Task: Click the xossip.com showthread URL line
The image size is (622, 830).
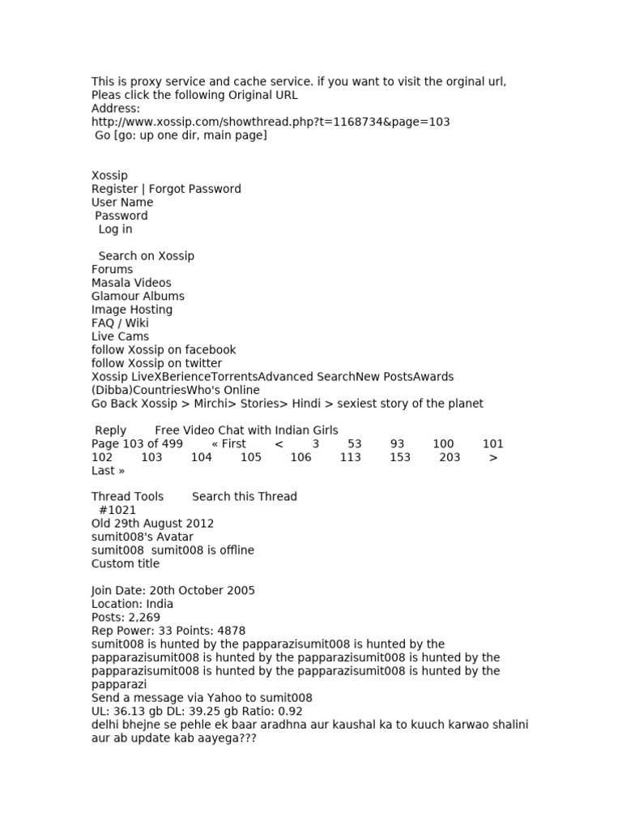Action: tap(271, 122)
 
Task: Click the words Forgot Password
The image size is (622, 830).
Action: tap(194, 189)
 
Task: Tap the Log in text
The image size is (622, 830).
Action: tap(115, 229)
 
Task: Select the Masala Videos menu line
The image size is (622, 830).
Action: tap(131, 283)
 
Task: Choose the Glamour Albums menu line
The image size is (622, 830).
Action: tap(138, 296)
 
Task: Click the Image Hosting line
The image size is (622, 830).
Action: tap(132, 310)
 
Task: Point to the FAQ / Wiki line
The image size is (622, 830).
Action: tap(120, 323)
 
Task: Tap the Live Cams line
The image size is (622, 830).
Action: tap(120, 336)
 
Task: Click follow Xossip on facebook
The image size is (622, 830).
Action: tap(164, 349)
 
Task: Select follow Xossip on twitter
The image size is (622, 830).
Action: tap(156, 363)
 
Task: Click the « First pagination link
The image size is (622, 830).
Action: tap(228, 444)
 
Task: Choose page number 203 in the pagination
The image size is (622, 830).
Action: tap(449, 457)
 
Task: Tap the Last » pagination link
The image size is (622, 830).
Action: tap(108, 471)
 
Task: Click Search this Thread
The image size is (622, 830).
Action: tap(245, 496)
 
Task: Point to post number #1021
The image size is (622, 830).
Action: tap(117, 510)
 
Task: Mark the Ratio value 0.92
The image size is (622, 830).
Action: tap(288, 711)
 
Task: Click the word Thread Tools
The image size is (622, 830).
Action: tap(127, 496)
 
